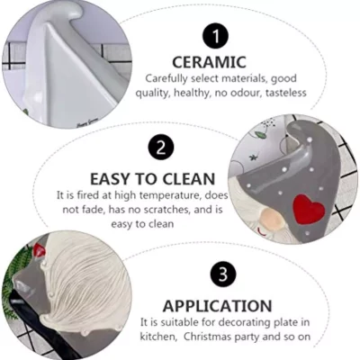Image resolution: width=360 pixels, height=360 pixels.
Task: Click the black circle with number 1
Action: (x=215, y=37)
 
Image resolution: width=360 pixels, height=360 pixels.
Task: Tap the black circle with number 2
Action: (x=161, y=148)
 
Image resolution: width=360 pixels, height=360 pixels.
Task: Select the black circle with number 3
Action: (x=223, y=274)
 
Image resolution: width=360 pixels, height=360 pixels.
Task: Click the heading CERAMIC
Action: (x=209, y=62)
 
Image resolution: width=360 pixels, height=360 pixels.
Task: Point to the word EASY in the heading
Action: (x=111, y=179)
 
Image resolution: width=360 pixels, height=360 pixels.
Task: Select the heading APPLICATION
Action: (x=217, y=306)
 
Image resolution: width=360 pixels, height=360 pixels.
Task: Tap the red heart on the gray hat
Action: (x=309, y=210)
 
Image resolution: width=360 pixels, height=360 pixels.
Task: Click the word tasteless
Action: (x=286, y=93)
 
